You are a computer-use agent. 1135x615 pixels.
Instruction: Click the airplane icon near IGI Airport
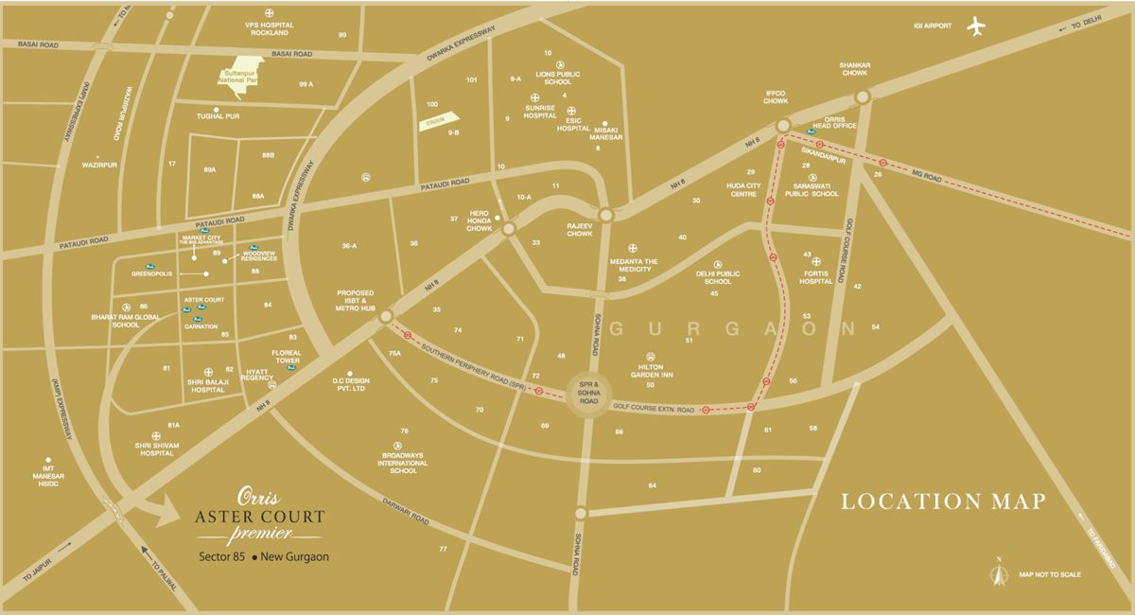tap(977, 26)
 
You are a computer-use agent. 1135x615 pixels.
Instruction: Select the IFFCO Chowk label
tap(777, 97)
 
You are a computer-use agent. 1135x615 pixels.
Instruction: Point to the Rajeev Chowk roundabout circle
tap(605, 215)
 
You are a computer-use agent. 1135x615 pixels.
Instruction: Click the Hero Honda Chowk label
tap(478, 221)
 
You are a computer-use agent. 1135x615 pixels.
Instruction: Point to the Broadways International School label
tap(404, 464)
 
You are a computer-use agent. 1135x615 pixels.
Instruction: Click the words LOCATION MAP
tap(943, 501)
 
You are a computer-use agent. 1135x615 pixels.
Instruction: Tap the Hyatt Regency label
tap(257, 374)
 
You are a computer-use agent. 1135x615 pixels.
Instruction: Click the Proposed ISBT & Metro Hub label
tap(356, 301)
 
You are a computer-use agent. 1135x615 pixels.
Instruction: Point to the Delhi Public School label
tap(718, 277)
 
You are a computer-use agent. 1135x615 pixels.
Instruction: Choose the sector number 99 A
tap(306, 84)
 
